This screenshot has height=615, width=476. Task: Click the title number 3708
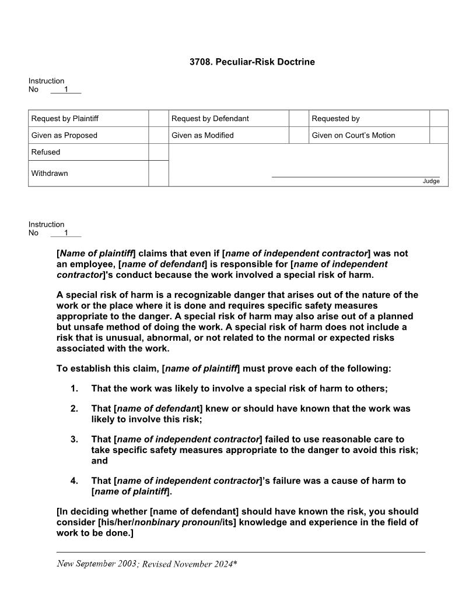[x=201, y=62]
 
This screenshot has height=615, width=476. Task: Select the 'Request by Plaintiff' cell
[x=65, y=118]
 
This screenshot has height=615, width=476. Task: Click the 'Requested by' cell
[x=335, y=118]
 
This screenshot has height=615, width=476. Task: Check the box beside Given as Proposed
[x=158, y=135]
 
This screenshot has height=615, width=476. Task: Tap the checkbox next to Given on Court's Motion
[x=439, y=135]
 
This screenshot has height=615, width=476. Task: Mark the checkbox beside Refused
[x=158, y=152]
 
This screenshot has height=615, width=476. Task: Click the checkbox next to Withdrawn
[x=158, y=174]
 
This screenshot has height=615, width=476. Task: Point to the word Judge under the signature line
[x=431, y=181]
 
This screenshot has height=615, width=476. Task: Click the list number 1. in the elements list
[x=74, y=388]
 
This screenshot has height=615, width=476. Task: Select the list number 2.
[x=74, y=409]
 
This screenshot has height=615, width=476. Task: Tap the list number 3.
[x=74, y=439]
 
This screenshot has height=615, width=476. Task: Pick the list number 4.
[x=74, y=481]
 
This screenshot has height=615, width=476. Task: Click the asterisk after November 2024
[x=235, y=563]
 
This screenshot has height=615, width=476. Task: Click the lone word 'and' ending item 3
[x=99, y=461]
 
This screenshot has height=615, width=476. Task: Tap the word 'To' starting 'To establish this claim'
[x=62, y=369]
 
